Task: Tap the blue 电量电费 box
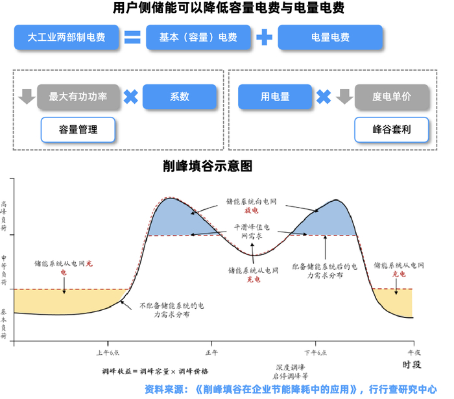point(331,38)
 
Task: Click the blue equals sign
point(132,38)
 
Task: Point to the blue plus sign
point(263,38)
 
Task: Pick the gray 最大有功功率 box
point(78,97)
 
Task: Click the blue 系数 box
point(179,97)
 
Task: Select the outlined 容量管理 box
point(78,129)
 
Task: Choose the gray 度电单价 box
point(392,97)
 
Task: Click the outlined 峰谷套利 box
point(392,129)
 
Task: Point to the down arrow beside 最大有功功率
point(27,97)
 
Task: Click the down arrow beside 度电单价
point(344,97)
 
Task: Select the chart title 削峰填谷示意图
point(207,165)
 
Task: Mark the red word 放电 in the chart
point(251,211)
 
